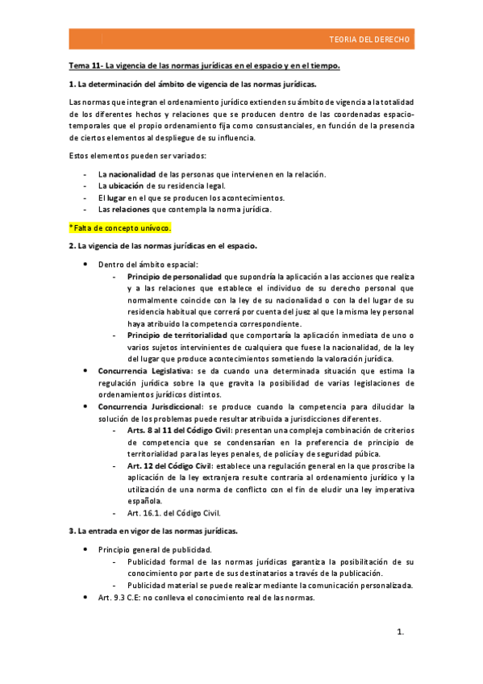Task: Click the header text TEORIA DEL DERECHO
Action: tap(370, 40)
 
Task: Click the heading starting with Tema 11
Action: tap(205, 65)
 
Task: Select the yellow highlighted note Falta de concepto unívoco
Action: tap(120, 227)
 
